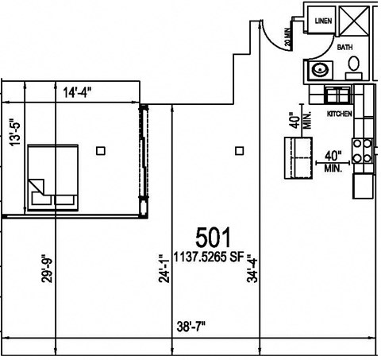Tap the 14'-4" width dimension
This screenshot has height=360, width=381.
(x=78, y=92)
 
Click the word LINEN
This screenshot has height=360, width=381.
(x=323, y=21)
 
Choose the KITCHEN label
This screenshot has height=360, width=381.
(x=339, y=114)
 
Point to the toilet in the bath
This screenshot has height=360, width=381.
(x=354, y=65)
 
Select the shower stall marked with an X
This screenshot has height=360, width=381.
(x=354, y=20)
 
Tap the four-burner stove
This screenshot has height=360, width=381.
(x=364, y=151)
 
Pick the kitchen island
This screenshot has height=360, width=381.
(x=299, y=157)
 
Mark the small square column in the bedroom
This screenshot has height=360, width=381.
(x=100, y=149)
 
